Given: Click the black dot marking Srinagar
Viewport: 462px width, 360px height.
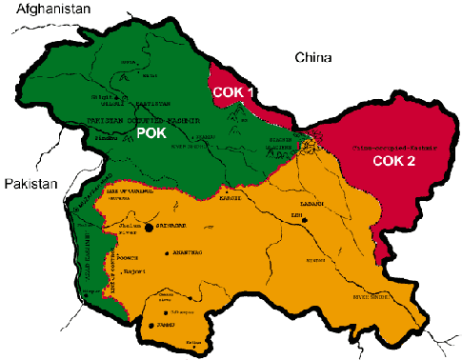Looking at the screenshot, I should tap(150, 229).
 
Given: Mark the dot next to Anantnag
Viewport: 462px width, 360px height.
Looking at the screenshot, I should tap(168, 253).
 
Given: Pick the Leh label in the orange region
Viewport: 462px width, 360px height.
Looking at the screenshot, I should tap(295, 218).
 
